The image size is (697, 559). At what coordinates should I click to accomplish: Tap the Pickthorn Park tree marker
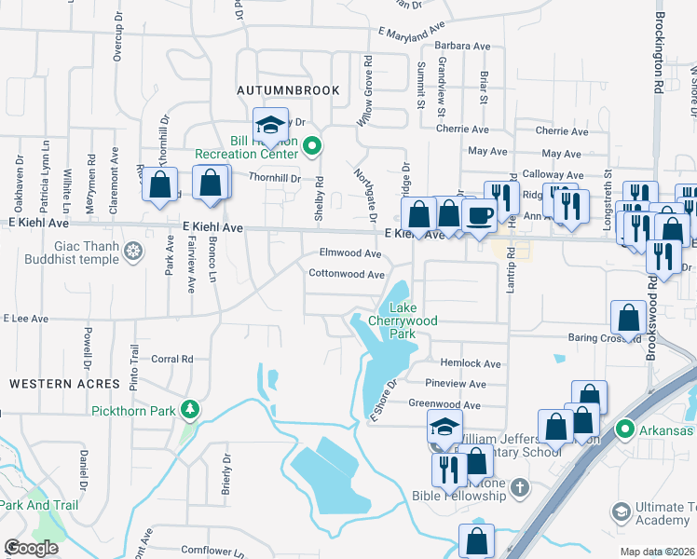pos(190,409)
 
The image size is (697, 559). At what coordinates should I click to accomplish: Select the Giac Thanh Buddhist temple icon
pos(134,251)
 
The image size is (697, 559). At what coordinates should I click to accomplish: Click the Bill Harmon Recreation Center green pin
pos(313,145)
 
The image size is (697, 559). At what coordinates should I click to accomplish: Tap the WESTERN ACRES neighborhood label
pos(65,384)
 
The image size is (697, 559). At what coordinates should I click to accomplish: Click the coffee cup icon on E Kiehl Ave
pos(480,216)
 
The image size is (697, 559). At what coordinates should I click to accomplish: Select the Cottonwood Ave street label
pos(347,275)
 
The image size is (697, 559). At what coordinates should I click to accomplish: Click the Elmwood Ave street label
pos(350,253)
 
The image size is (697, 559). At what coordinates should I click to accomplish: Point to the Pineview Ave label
pos(455,384)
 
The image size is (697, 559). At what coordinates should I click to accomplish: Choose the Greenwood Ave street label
pos(444,405)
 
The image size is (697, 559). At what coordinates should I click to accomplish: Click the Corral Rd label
pos(171,358)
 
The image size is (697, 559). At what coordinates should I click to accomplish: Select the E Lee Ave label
pos(25,319)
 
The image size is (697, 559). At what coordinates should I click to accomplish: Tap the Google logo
pos(32,548)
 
